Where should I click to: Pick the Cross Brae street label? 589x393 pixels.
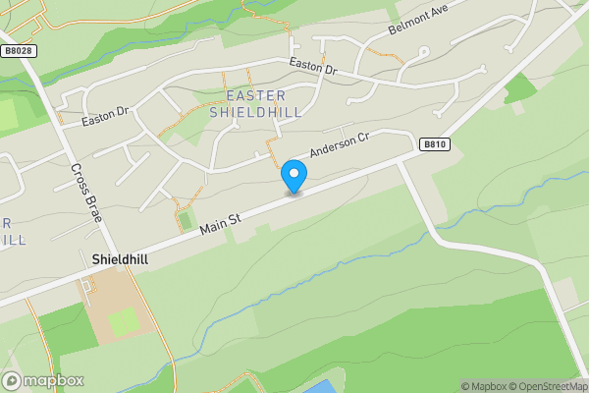click(x=86, y=191)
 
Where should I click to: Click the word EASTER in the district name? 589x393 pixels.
click(x=256, y=95)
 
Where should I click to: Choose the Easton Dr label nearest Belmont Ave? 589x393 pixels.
click(x=312, y=66)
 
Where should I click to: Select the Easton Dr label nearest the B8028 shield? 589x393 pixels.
click(x=106, y=118)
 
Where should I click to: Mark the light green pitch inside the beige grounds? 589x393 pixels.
click(x=124, y=320)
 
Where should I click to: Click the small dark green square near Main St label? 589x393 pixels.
click(x=185, y=220)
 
